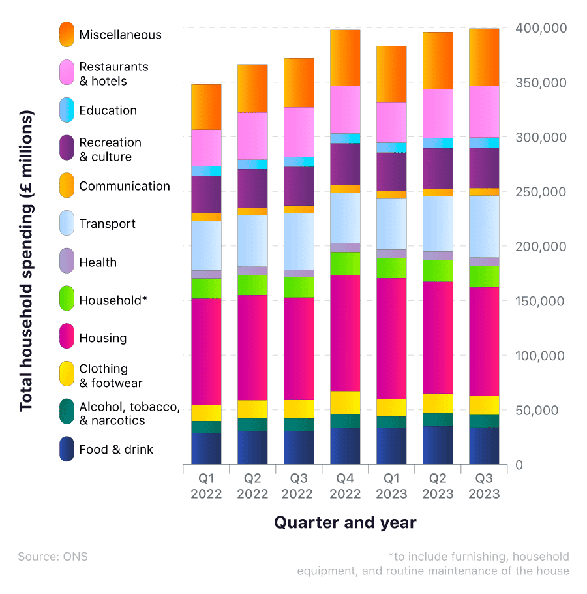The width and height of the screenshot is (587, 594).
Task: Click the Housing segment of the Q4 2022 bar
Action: (x=345, y=333)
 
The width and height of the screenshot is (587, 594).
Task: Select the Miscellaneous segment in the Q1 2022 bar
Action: (x=206, y=106)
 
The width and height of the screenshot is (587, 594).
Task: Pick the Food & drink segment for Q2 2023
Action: (x=438, y=445)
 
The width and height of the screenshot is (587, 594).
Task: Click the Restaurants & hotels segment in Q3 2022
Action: (x=299, y=132)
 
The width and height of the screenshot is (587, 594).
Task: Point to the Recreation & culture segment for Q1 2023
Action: (x=391, y=172)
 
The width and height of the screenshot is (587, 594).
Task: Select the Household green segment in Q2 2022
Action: (x=252, y=285)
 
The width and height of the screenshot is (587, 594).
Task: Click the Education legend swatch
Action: (x=67, y=110)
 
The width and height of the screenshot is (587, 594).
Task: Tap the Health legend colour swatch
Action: (x=67, y=262)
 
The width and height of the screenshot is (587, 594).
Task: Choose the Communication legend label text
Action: (x=125, y=186)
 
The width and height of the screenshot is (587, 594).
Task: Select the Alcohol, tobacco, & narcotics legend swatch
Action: (x=67, y=413)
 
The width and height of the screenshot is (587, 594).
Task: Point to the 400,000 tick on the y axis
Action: (x=541, y=28)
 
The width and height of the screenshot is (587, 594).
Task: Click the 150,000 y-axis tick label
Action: (x=541, y=302)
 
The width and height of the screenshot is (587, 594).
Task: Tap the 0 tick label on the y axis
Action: (x=519, y=465)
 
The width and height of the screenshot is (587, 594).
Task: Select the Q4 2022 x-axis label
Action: (x=345, y=486)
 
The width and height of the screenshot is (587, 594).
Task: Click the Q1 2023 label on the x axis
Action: (x=391, y=486)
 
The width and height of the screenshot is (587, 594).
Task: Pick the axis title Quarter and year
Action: (x=345, y=523)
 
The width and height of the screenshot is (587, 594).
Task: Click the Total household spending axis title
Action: (x=26, y=261)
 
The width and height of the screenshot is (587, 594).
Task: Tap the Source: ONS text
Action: (x=52, y=557)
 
